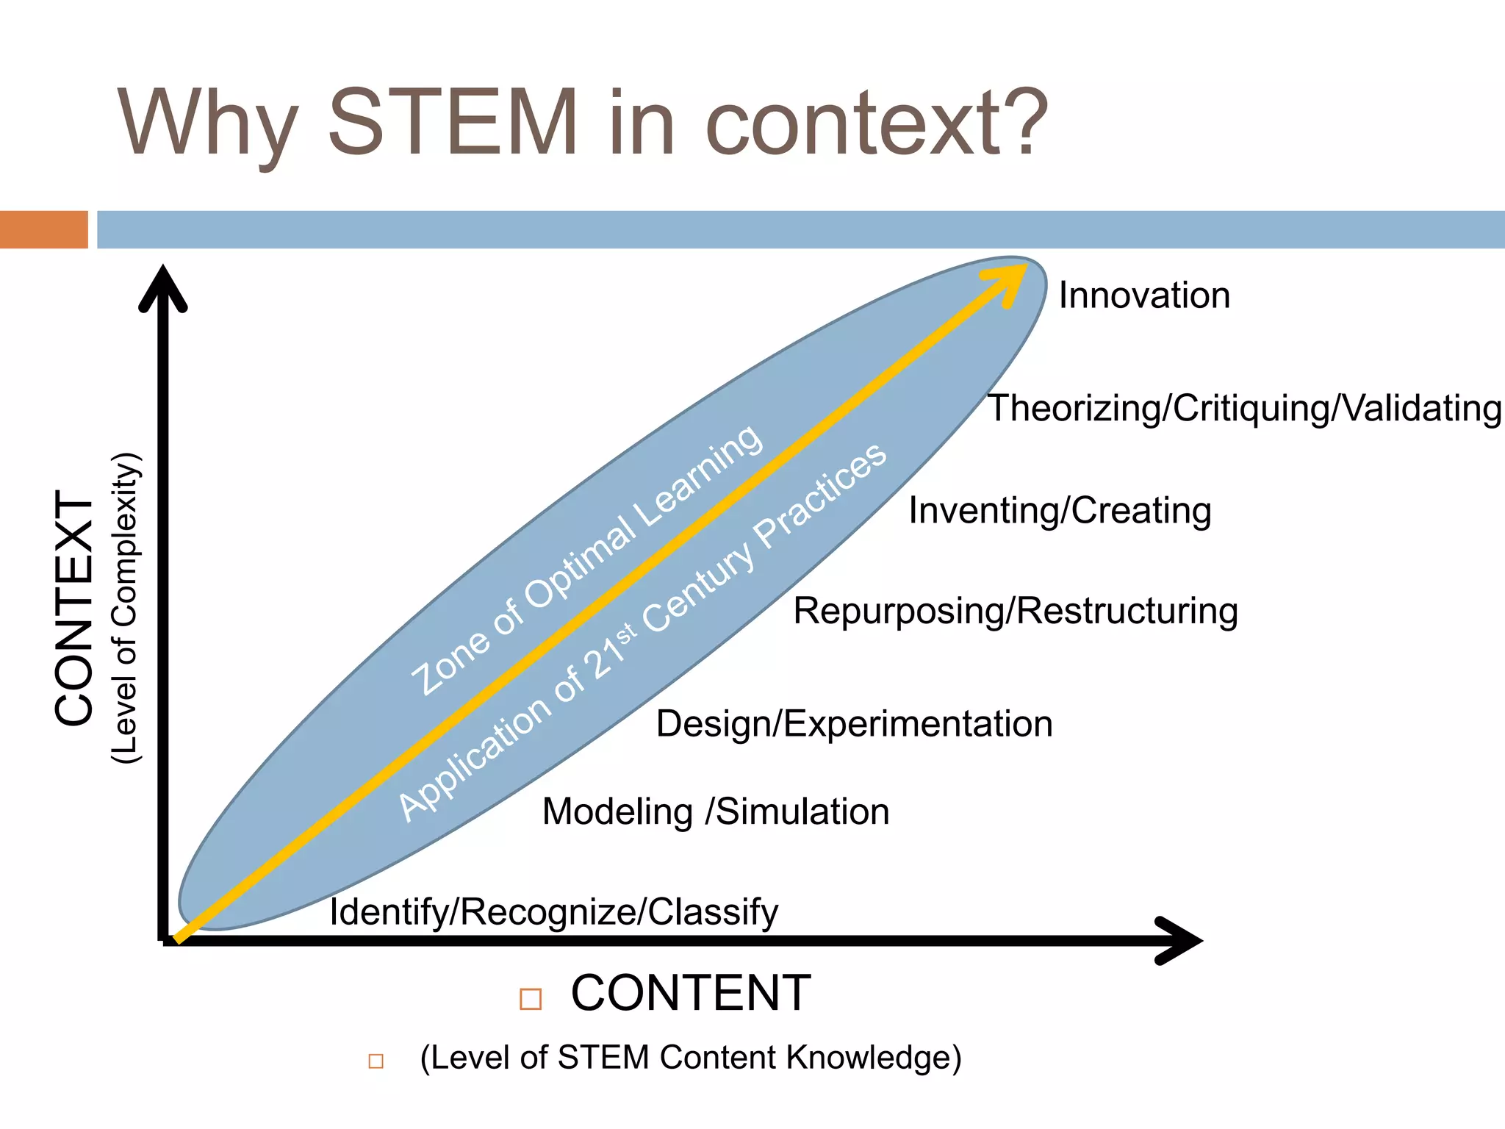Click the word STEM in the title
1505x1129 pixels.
[453, 123]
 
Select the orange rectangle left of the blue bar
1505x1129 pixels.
[43, 229]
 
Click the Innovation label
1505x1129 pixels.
[1143, 295]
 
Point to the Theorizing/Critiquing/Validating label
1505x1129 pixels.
[1243, 409]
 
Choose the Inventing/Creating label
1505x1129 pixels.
[1060, 511]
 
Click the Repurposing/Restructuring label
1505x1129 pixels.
[1016, 612]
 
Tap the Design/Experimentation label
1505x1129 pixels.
[854, 724]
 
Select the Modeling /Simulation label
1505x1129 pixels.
[715, 812]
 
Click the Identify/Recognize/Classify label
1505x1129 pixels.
[553, 912]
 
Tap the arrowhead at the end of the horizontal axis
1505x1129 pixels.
[1179, 940]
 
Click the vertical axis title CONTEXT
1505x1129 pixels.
[74, 609]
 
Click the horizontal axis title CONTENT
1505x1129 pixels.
[691, 994]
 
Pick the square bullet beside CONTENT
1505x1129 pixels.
[530, 999]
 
